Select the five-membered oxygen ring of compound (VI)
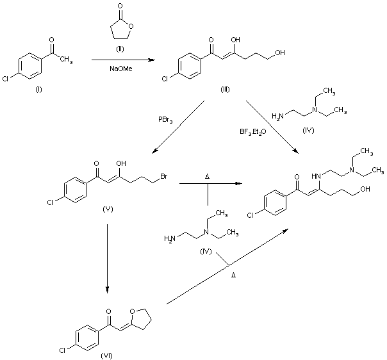pos(140,316)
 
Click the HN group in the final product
pos(316,176)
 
